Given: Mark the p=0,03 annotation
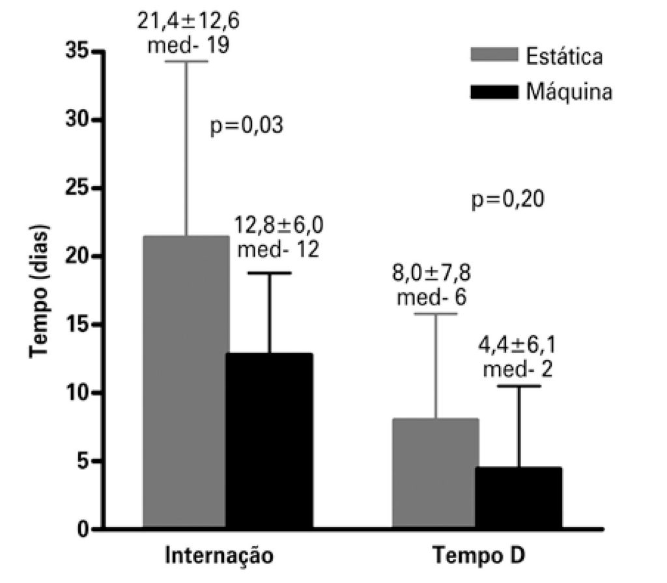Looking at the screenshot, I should [x=248, y=125].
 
